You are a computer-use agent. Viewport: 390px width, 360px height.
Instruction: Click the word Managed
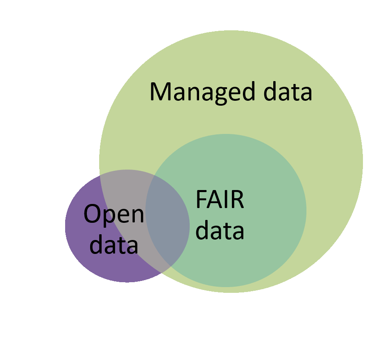(200, 92)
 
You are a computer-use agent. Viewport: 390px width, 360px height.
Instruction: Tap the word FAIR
(220, 200)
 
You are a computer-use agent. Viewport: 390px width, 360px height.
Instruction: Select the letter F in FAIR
(201, 200)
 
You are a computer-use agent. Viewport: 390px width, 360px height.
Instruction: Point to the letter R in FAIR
(238, 200)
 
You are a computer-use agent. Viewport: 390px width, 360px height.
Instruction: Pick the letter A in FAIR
(214, 200)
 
